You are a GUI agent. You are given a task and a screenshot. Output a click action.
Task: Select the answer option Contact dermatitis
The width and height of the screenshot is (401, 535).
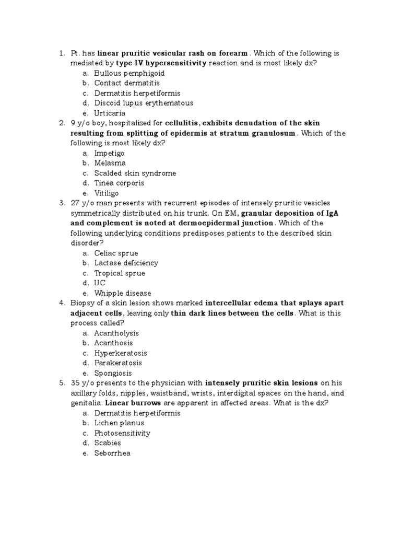[127, 83]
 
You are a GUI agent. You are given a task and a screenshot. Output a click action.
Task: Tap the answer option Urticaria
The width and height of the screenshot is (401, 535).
[110, 113]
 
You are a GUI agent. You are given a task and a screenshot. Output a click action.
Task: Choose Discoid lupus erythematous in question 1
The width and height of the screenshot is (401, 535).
[144, 103]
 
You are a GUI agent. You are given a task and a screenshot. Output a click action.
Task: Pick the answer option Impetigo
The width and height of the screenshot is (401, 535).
[110, 153]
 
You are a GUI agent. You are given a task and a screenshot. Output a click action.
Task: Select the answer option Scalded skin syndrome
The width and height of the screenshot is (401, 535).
[135, 173]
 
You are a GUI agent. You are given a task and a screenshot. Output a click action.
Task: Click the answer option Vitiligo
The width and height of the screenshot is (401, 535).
[107, 193]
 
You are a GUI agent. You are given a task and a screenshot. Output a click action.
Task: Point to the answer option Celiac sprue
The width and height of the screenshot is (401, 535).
[116, 253]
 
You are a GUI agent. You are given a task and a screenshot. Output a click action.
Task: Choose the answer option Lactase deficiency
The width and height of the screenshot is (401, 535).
[126, 263]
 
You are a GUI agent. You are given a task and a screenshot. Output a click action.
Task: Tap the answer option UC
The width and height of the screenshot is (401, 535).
[100, 283]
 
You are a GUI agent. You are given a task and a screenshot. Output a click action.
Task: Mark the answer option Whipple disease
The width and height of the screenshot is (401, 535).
[123, 293]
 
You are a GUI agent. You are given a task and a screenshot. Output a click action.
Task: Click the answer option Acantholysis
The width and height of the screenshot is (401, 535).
[116, 333]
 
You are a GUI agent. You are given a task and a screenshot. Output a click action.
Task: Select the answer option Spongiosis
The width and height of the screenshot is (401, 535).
[113, 374]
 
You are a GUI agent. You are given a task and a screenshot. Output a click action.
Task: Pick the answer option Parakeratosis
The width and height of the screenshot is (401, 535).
[118, 363]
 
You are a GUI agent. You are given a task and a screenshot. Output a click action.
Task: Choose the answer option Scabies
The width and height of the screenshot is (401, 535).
[108, 443]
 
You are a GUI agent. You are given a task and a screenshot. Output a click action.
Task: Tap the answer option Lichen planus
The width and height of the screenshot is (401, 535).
[119, 423]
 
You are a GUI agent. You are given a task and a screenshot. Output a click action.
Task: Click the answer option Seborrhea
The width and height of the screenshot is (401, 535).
[112, 453]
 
